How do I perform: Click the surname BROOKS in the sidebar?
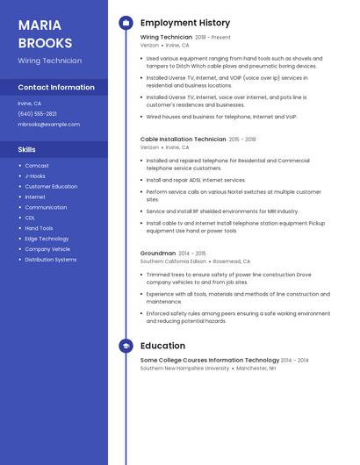coord(44,42)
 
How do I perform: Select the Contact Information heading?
coord(56,88)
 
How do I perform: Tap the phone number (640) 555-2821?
coord(37,114)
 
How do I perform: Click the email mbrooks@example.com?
coord(48,125)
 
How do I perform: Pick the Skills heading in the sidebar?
coord(26,149)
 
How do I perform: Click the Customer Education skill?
coord(51,186)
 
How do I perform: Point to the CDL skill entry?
coord(30,218)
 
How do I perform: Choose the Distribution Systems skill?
coord(51,260)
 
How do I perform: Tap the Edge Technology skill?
coord(47,239)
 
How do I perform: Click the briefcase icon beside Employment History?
coord(126,23)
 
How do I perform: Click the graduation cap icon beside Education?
coord(126,346)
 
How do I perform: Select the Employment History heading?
coord(185,23)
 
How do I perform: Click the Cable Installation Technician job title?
coord(183,139)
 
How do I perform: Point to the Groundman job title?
coord(158,253)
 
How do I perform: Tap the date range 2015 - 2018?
coord(242,139)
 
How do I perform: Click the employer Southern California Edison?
coord(173,261)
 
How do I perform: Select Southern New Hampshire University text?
coord(184,368)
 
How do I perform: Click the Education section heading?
coord(162,346)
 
